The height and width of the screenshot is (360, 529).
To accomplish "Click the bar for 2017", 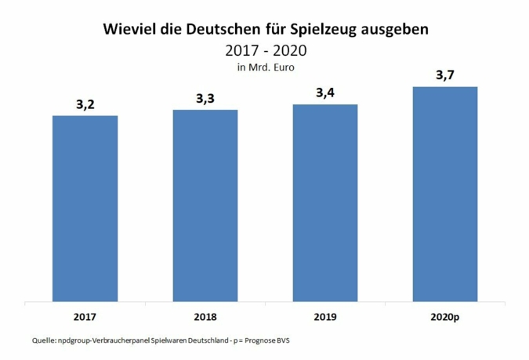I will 85,208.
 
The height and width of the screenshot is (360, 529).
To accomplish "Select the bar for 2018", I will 205,205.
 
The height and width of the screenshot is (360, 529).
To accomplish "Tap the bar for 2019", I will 324,202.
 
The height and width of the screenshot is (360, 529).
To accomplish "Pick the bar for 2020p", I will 444,193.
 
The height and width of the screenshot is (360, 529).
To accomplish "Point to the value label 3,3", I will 205,100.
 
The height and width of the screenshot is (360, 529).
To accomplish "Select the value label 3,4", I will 324,94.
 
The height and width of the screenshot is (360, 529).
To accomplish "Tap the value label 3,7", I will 444,76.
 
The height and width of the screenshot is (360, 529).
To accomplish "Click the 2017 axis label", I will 85,317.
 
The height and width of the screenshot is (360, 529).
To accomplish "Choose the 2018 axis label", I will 205,317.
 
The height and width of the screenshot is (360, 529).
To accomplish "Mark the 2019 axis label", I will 324,317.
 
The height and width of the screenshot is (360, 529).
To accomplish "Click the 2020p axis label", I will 444,317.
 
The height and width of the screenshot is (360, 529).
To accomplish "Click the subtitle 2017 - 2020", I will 265,51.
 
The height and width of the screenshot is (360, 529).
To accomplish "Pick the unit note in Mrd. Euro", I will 265,67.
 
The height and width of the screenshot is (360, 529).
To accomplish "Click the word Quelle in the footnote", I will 43,340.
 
